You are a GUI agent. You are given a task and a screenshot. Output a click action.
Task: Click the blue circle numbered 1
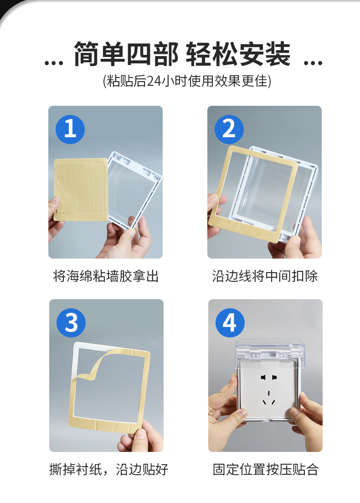(70, 129)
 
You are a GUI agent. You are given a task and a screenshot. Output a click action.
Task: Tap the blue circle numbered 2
(229, 129)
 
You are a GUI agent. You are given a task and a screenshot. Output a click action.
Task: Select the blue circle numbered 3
(71, 323)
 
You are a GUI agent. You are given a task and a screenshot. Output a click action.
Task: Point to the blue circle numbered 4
(230, 323)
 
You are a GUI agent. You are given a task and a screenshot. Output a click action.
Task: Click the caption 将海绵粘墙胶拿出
(106, 276)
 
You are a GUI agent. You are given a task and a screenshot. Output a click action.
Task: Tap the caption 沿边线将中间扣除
(265, 276)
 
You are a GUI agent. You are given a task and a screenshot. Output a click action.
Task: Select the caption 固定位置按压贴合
(265, 470)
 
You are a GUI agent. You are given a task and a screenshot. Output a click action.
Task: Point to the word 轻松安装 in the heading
(238, 54)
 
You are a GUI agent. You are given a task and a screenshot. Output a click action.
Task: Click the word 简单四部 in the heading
(126, 54)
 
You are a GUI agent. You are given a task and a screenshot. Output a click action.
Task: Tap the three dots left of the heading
(53, 63)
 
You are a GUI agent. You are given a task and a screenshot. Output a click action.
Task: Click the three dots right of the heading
(313, 63)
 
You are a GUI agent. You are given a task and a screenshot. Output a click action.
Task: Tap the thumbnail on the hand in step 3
(141, 433)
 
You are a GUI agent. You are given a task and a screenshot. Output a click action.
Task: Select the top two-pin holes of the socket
(269, 377)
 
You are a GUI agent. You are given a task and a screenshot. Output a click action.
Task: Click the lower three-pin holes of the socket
(269, 398)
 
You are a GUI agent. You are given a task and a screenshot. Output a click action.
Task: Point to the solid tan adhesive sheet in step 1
(81, 189)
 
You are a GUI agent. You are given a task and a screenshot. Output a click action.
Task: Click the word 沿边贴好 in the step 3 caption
(142, 470)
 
